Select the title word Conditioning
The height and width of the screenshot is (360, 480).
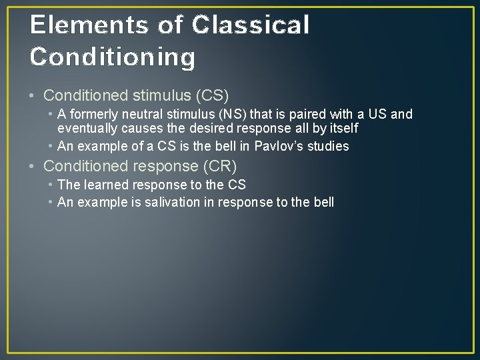(113, 57)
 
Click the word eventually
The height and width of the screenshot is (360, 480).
(85, 127)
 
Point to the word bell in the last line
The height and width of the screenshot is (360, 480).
(323, 202)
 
